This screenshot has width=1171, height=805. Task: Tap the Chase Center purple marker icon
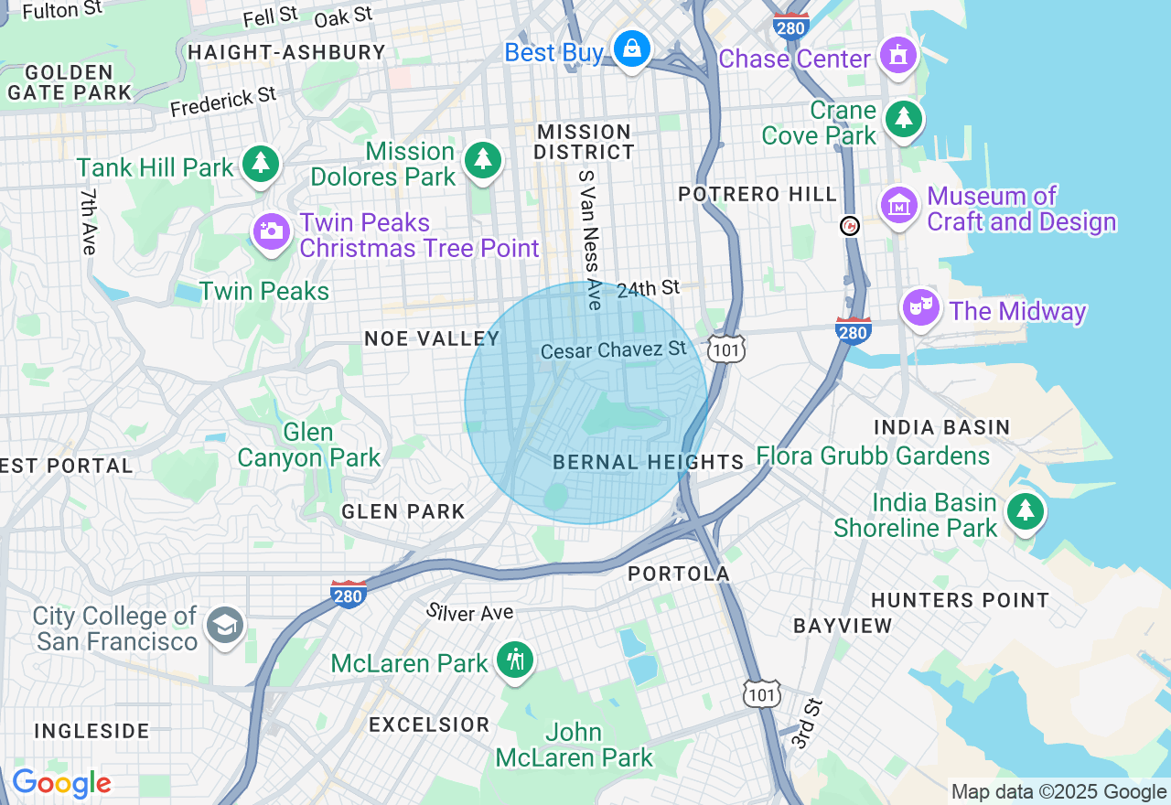898,55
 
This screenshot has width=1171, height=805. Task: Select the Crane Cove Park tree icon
904,118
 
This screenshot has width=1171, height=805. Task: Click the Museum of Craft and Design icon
898,205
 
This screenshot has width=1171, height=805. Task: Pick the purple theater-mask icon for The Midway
921,307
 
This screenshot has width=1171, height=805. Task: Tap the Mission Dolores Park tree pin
483,159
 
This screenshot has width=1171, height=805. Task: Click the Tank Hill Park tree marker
262,163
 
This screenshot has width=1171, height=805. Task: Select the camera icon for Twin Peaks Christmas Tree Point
271,231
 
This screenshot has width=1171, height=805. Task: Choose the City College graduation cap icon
225,626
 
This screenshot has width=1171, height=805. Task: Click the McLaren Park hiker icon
514,659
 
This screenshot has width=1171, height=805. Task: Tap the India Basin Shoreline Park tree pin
1025,511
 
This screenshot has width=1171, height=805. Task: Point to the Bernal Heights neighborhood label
649,462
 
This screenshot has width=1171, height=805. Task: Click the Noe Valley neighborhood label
432,338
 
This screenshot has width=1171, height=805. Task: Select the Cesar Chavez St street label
613,350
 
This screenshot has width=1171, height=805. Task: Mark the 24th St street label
648,289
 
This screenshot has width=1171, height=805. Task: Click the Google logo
61,783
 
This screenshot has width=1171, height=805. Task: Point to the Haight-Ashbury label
286,52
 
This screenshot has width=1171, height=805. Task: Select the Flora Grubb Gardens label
873,456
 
